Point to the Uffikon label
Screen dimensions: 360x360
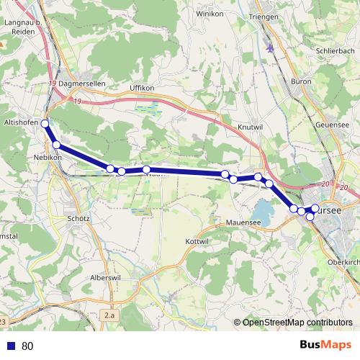pos(142,88)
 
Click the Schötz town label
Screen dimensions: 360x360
pos(77,218)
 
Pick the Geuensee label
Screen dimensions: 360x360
pos(332,124)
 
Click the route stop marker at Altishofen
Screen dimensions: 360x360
pos(45,124)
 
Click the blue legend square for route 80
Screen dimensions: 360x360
pos(11,346)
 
